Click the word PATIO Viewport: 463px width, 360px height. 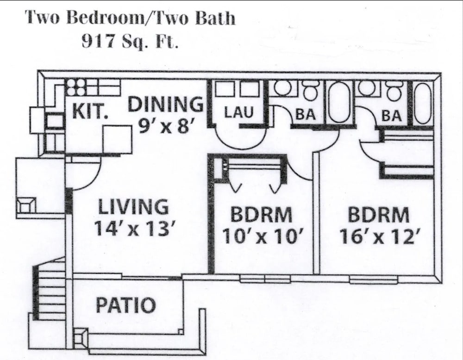(125, 305)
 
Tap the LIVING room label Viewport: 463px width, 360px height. (133, 207)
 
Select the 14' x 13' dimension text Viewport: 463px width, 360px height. (133, 229)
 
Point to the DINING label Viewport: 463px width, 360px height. (165, 105)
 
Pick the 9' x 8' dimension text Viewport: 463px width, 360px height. (165, 125)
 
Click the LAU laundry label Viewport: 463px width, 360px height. (238, 112)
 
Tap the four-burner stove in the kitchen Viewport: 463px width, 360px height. (75, 87)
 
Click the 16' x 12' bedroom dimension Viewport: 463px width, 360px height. (380, 236)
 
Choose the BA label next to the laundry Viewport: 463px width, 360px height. (306, 115)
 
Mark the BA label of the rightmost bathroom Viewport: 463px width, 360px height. (392, 116)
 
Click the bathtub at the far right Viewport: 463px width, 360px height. (423, 103)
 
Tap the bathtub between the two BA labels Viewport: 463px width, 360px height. (340, 103)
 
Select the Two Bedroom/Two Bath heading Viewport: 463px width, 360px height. (130, 18)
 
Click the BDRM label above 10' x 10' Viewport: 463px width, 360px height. (262, 215)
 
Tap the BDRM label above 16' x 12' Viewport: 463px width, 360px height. (379, 215)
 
